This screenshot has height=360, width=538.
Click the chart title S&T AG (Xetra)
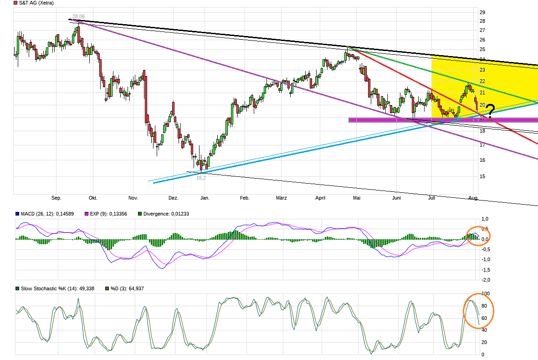pos(36,3)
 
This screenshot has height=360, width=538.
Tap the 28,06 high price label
pos(78,16)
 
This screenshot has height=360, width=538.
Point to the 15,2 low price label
pos(201,178)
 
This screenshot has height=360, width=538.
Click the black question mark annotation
pos(490,111)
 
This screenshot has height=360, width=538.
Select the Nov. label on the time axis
pos(133,198)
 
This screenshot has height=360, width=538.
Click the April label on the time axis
pos(320,198)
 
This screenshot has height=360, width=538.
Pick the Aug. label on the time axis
pos(474,198)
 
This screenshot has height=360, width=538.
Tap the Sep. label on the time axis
pos(56,198)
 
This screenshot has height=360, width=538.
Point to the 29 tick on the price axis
pos(482,11)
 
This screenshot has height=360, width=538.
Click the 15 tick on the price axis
pos(482,176)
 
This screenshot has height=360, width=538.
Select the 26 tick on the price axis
pos(482,40)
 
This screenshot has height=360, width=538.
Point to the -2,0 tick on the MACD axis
pos(486,280)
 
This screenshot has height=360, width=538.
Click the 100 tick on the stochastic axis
pos(486,293)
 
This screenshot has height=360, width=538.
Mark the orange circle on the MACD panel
pos(478,236)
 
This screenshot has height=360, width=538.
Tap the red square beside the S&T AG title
pos(16,3)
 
